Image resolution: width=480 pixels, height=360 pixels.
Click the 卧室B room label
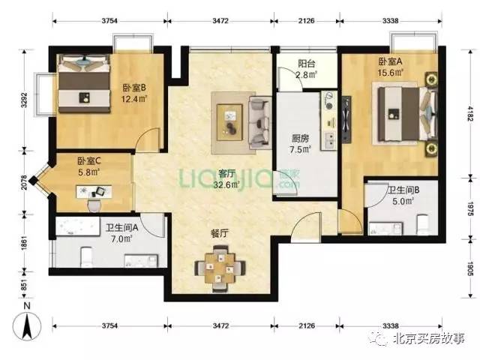[134, 88]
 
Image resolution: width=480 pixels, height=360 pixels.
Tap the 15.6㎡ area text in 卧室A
[390, 73]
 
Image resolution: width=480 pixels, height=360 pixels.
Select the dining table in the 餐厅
[220, 268]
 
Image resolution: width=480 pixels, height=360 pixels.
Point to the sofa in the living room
[260, 123]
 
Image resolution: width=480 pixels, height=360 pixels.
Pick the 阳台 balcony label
[307, 64]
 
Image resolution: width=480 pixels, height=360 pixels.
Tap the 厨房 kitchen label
[300, 139]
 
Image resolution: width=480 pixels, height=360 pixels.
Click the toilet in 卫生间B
[423, 225]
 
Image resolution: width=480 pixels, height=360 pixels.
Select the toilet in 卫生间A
[87, 257]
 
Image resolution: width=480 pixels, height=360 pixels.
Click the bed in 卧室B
[84, 83]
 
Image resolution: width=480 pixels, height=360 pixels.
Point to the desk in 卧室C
[94, 192]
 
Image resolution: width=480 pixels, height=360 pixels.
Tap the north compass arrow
[27, 326]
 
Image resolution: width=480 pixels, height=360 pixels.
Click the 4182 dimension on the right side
[470, 113]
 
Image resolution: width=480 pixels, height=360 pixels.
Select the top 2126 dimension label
[307, 21]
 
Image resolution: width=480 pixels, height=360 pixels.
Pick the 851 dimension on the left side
[24, 285]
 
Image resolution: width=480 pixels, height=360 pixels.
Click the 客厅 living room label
[226, 173]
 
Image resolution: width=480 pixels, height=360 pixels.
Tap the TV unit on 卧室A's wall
[346, 120]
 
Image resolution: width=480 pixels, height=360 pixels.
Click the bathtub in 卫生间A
[78, 226]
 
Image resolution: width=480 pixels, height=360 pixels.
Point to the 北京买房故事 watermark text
[430, 338]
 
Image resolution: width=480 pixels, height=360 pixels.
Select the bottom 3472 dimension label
[220, 325]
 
